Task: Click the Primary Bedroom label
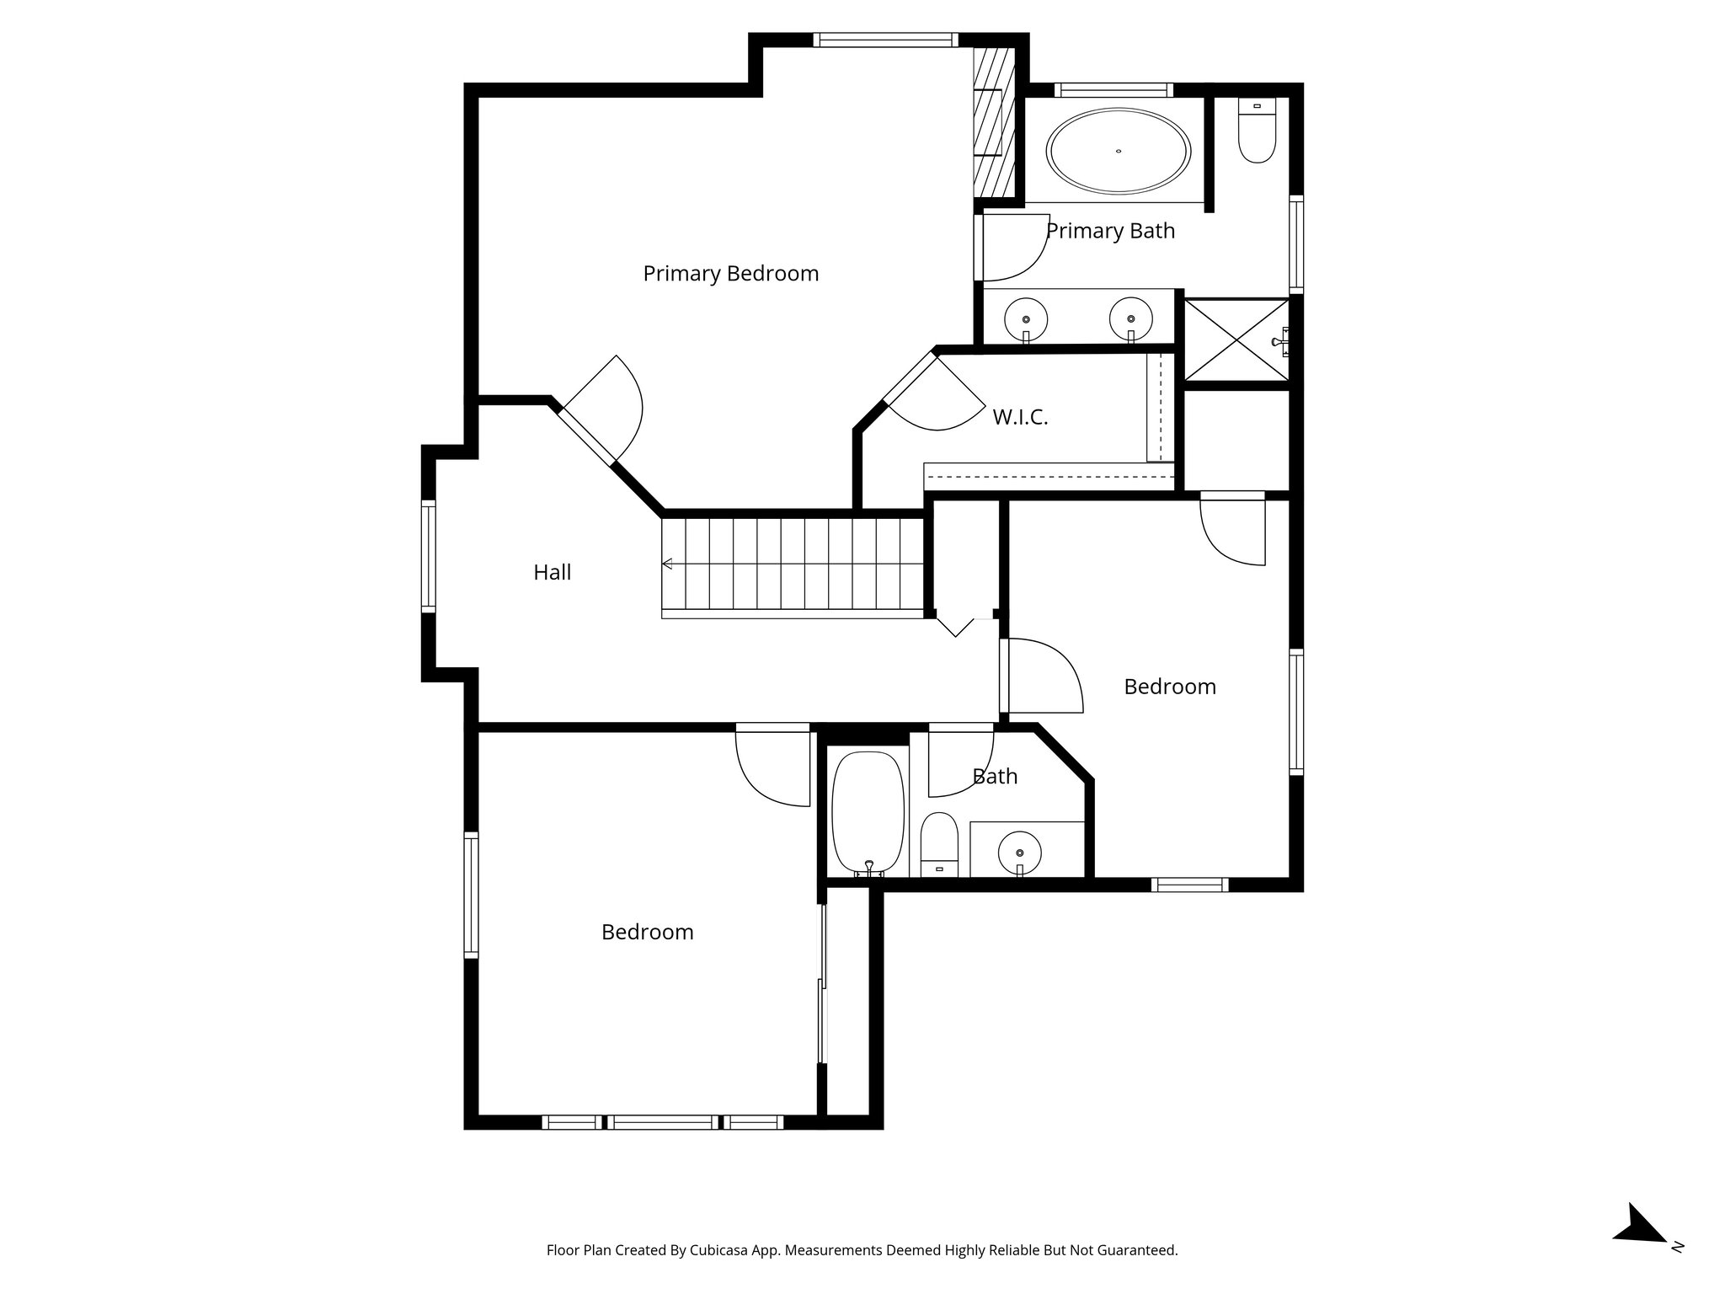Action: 730,274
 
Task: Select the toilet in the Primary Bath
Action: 1257,132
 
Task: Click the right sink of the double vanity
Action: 1130,319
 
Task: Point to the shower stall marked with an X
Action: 1236,340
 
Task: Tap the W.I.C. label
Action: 1020,417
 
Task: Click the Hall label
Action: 552,573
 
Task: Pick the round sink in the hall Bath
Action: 1019,853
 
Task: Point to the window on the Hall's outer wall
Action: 429,556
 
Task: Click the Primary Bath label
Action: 1110,231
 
